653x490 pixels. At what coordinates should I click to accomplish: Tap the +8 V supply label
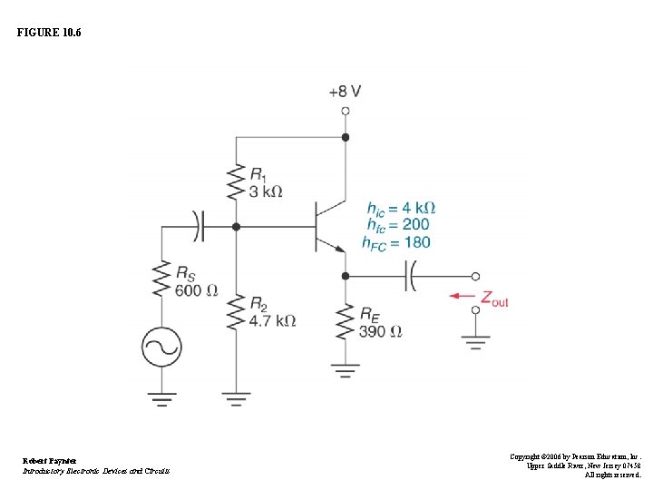pyautogui.click(x=345, y=92)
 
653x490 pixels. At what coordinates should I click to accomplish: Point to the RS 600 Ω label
pyautogui.click(x=196, y=281)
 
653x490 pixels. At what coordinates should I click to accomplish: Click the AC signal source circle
pyautogui.click(x=161, y=347)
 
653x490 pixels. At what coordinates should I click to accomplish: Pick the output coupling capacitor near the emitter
pyautogui.click(x=410, y=276)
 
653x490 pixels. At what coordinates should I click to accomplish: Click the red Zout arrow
pyautogui.click(x=463, y=296)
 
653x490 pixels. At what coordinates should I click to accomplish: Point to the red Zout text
pyautogui.click(x=494, y=299)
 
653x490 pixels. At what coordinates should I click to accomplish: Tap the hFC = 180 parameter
pyautogui.click(x=396, y=242)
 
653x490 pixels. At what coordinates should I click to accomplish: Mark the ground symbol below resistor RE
pyautogui.click(x=345, y=368)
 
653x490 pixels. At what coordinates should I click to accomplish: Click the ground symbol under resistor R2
pyautogui.click(x=236, y=397)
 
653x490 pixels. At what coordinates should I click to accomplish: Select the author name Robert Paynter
pyautogui.click(x=50, y=460)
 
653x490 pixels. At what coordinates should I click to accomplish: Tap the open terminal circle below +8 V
pyautogui.click(x=345, y=111)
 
